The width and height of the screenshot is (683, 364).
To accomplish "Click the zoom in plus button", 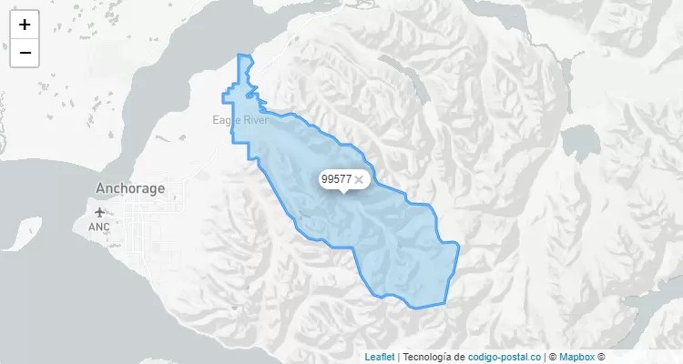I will [x=25, y=25].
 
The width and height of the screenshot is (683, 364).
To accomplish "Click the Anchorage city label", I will [x=130, y=189].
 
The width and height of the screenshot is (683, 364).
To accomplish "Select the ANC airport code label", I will [x=98, y=227].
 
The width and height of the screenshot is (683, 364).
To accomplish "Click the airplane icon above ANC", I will [x=98, y=213].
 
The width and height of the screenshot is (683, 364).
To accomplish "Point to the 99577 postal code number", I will [x=337, y=179].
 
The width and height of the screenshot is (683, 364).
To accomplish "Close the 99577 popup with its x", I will [x=360, y=179].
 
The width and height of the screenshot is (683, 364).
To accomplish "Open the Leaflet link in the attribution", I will [x=380, y=357].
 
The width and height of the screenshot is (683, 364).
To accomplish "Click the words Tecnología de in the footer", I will [x=434, y=357].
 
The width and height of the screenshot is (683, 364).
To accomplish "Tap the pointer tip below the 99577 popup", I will [x=343, y=193].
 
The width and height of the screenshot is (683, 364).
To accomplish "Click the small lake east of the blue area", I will [x=578, y=143].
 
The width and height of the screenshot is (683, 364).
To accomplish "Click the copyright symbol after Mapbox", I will [x=602, y=357].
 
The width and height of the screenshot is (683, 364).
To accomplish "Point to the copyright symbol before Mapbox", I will [x=552, y=357].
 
